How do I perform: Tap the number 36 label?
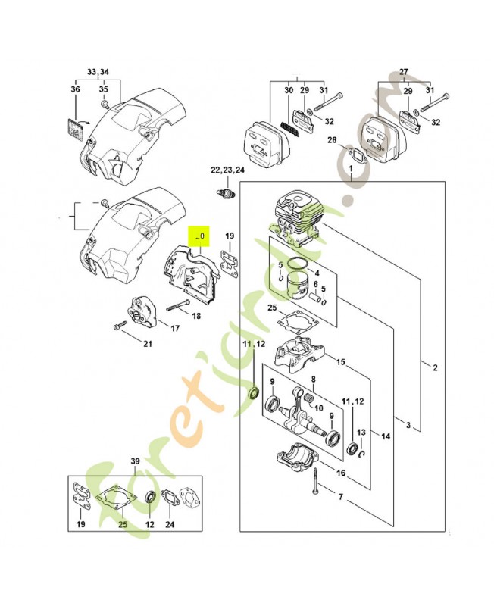pos(75,90)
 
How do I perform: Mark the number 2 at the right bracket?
pos(435,369)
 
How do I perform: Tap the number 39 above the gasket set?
pos(136,461)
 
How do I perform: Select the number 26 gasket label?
pos(332,139)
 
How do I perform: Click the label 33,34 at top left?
pos(98,71)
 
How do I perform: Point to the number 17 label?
pos(174,329)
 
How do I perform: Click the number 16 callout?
pos(341,473)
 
